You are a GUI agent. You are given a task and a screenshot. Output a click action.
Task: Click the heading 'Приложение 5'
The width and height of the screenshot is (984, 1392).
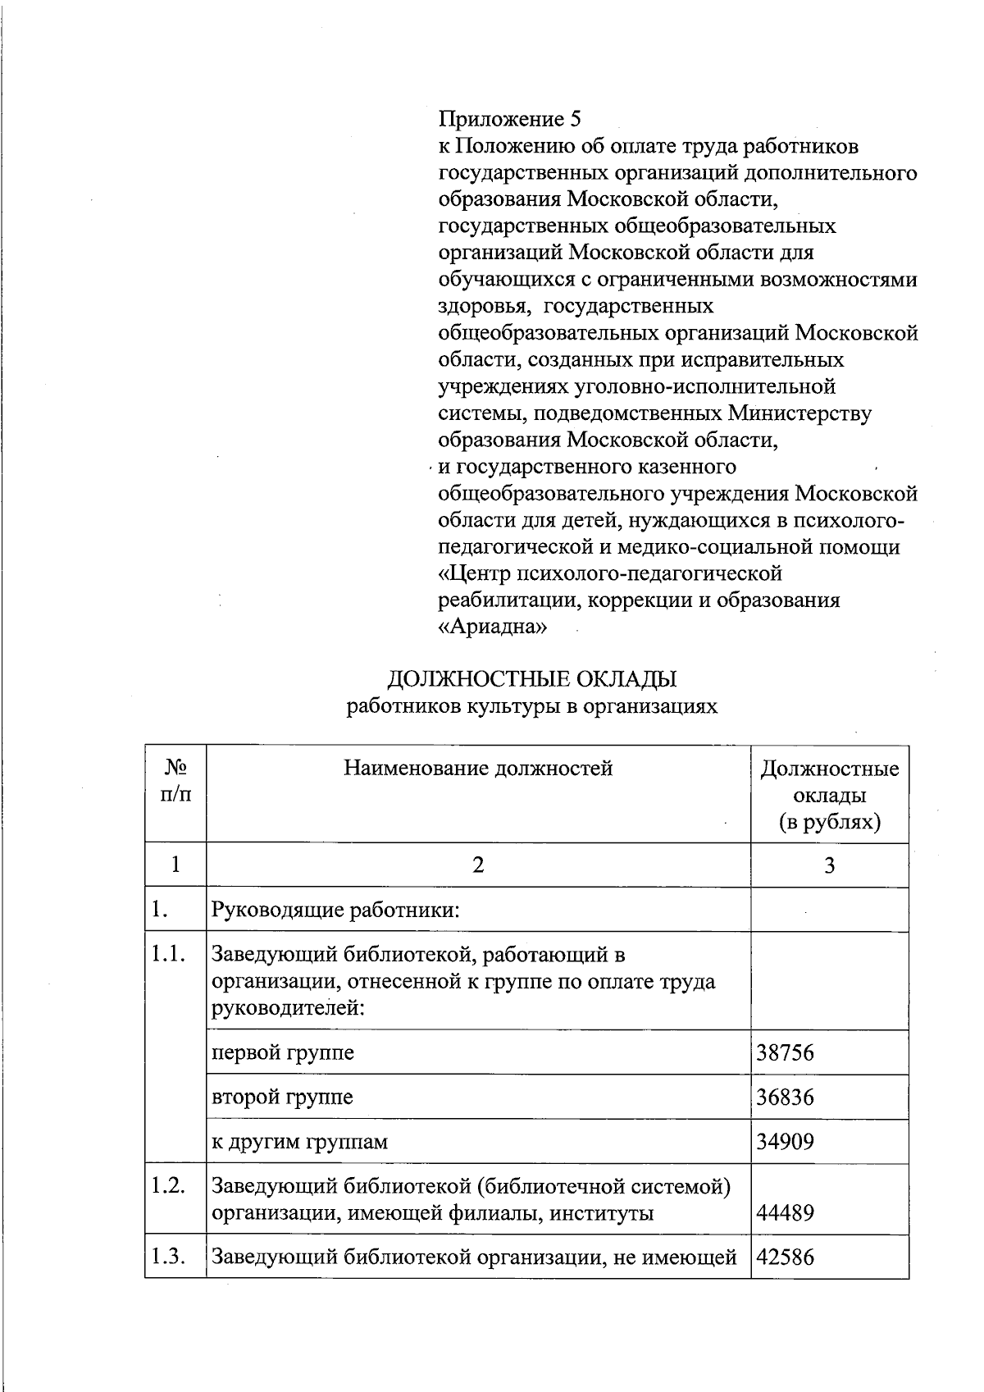(509, 120)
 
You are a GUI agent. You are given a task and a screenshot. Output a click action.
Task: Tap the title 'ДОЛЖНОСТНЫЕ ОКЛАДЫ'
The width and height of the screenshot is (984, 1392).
(531, 679)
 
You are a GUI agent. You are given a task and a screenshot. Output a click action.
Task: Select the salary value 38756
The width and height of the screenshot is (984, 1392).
(785, 1052)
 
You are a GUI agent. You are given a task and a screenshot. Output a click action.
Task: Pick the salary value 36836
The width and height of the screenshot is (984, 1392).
(785, 1097)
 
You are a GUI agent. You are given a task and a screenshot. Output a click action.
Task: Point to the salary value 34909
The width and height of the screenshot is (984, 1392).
(785, 1141)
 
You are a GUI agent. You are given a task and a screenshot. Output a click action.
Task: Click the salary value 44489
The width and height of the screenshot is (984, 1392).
(785, 1212)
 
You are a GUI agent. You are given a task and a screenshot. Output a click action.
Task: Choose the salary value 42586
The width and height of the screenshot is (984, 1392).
(785, 1257)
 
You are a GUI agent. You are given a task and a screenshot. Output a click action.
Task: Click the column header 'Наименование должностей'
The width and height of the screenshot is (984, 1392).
(478, 769)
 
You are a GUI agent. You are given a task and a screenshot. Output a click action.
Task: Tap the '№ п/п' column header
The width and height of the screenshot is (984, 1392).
(175, 781)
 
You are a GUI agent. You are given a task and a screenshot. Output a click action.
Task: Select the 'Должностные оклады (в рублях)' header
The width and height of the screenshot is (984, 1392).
(829, 795)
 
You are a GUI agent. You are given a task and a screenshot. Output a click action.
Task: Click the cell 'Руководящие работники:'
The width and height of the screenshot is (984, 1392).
(335, 910)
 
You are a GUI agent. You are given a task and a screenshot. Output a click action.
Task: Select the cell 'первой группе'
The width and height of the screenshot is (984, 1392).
(283, 1052)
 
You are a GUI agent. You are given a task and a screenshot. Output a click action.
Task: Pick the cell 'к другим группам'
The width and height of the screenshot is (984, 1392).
(299, 1141)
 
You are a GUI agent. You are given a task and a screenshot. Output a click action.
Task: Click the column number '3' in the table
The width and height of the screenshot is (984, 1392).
(829, 865)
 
